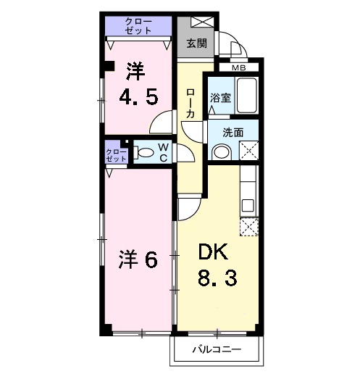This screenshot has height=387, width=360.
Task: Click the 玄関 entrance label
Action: [196, 43]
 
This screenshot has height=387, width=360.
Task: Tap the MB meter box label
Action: [239, 68]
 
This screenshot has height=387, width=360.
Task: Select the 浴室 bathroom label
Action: [220, 97]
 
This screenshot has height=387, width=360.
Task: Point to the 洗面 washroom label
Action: [231, 133]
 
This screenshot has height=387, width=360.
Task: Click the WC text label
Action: [164, 152]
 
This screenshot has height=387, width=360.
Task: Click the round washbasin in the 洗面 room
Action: [221, 152]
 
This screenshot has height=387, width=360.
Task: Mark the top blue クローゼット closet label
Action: [138, 27]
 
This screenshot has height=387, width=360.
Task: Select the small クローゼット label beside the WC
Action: [116, 154]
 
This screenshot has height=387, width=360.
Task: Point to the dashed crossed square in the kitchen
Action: [248, 227]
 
